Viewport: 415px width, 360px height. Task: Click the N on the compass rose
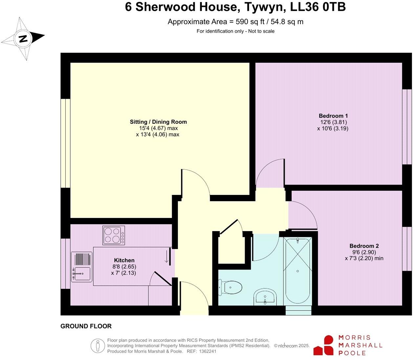(23, 39)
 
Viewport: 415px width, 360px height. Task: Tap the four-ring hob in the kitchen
(114, 235)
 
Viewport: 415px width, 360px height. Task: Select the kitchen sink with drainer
(81, 267)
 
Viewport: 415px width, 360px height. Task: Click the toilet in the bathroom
(231, 287)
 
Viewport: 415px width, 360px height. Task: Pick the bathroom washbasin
(265, 297)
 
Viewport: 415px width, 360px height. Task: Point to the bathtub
(297, 271)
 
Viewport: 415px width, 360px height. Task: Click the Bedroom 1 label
(333, 116)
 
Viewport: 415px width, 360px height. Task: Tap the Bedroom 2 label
(364, 246)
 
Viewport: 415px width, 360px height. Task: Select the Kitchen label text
(124, 260)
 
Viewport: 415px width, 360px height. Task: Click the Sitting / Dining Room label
(158, 122)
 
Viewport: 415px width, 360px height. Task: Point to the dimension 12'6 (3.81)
(333, 122)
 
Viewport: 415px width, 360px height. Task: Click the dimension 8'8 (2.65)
(124, 266)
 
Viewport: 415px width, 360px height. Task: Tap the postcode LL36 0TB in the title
(316, 7)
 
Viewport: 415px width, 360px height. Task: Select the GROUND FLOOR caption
(86, 326)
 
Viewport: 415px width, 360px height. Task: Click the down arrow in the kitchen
(166, 257)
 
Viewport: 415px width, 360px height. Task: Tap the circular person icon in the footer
(98, 346)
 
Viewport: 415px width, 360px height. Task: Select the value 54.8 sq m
(287, 22)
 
